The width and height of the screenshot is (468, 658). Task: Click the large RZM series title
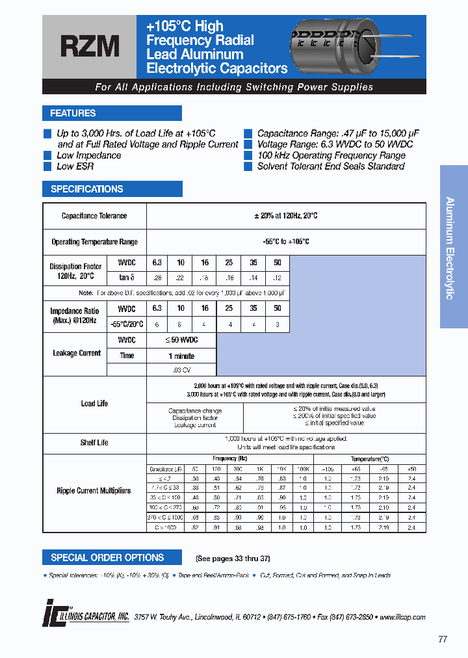90,47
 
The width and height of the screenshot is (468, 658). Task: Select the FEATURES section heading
73,113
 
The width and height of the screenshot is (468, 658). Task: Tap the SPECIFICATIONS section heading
86,189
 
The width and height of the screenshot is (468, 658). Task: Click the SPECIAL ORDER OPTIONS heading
107,557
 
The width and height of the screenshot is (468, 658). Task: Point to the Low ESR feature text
75,166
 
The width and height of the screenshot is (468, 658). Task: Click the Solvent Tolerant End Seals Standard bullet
330,166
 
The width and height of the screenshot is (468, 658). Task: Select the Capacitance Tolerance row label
94,216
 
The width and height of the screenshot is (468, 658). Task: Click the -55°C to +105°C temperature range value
286,241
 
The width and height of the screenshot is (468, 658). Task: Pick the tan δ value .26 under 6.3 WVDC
157,277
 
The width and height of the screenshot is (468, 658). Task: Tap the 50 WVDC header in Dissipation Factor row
277,263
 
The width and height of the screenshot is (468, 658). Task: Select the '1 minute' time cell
181,356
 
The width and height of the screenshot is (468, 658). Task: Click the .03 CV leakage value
181,369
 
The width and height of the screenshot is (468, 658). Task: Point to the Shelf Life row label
94,443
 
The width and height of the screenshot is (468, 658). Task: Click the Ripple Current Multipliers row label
94,491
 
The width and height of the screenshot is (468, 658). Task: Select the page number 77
443,639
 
